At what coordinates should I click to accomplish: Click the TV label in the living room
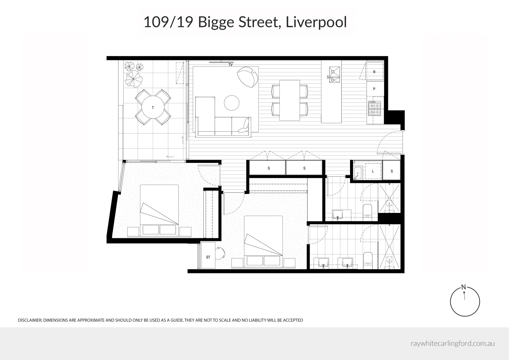230,65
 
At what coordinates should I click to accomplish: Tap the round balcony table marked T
153,107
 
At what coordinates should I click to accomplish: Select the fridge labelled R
374,71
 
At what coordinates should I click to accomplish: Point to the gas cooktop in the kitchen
374,109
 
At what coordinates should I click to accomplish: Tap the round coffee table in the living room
232,103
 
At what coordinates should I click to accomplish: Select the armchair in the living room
247,77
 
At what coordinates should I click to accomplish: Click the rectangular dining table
289,100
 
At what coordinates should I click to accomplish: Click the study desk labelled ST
208,255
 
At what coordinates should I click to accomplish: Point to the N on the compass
464,287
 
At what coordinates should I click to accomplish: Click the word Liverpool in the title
316,22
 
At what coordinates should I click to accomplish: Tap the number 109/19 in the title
168,22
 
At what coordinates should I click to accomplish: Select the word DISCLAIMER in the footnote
30,320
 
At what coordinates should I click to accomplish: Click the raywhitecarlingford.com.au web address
453,344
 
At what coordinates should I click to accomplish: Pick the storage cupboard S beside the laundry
392,171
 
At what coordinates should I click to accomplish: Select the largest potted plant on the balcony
134,79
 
